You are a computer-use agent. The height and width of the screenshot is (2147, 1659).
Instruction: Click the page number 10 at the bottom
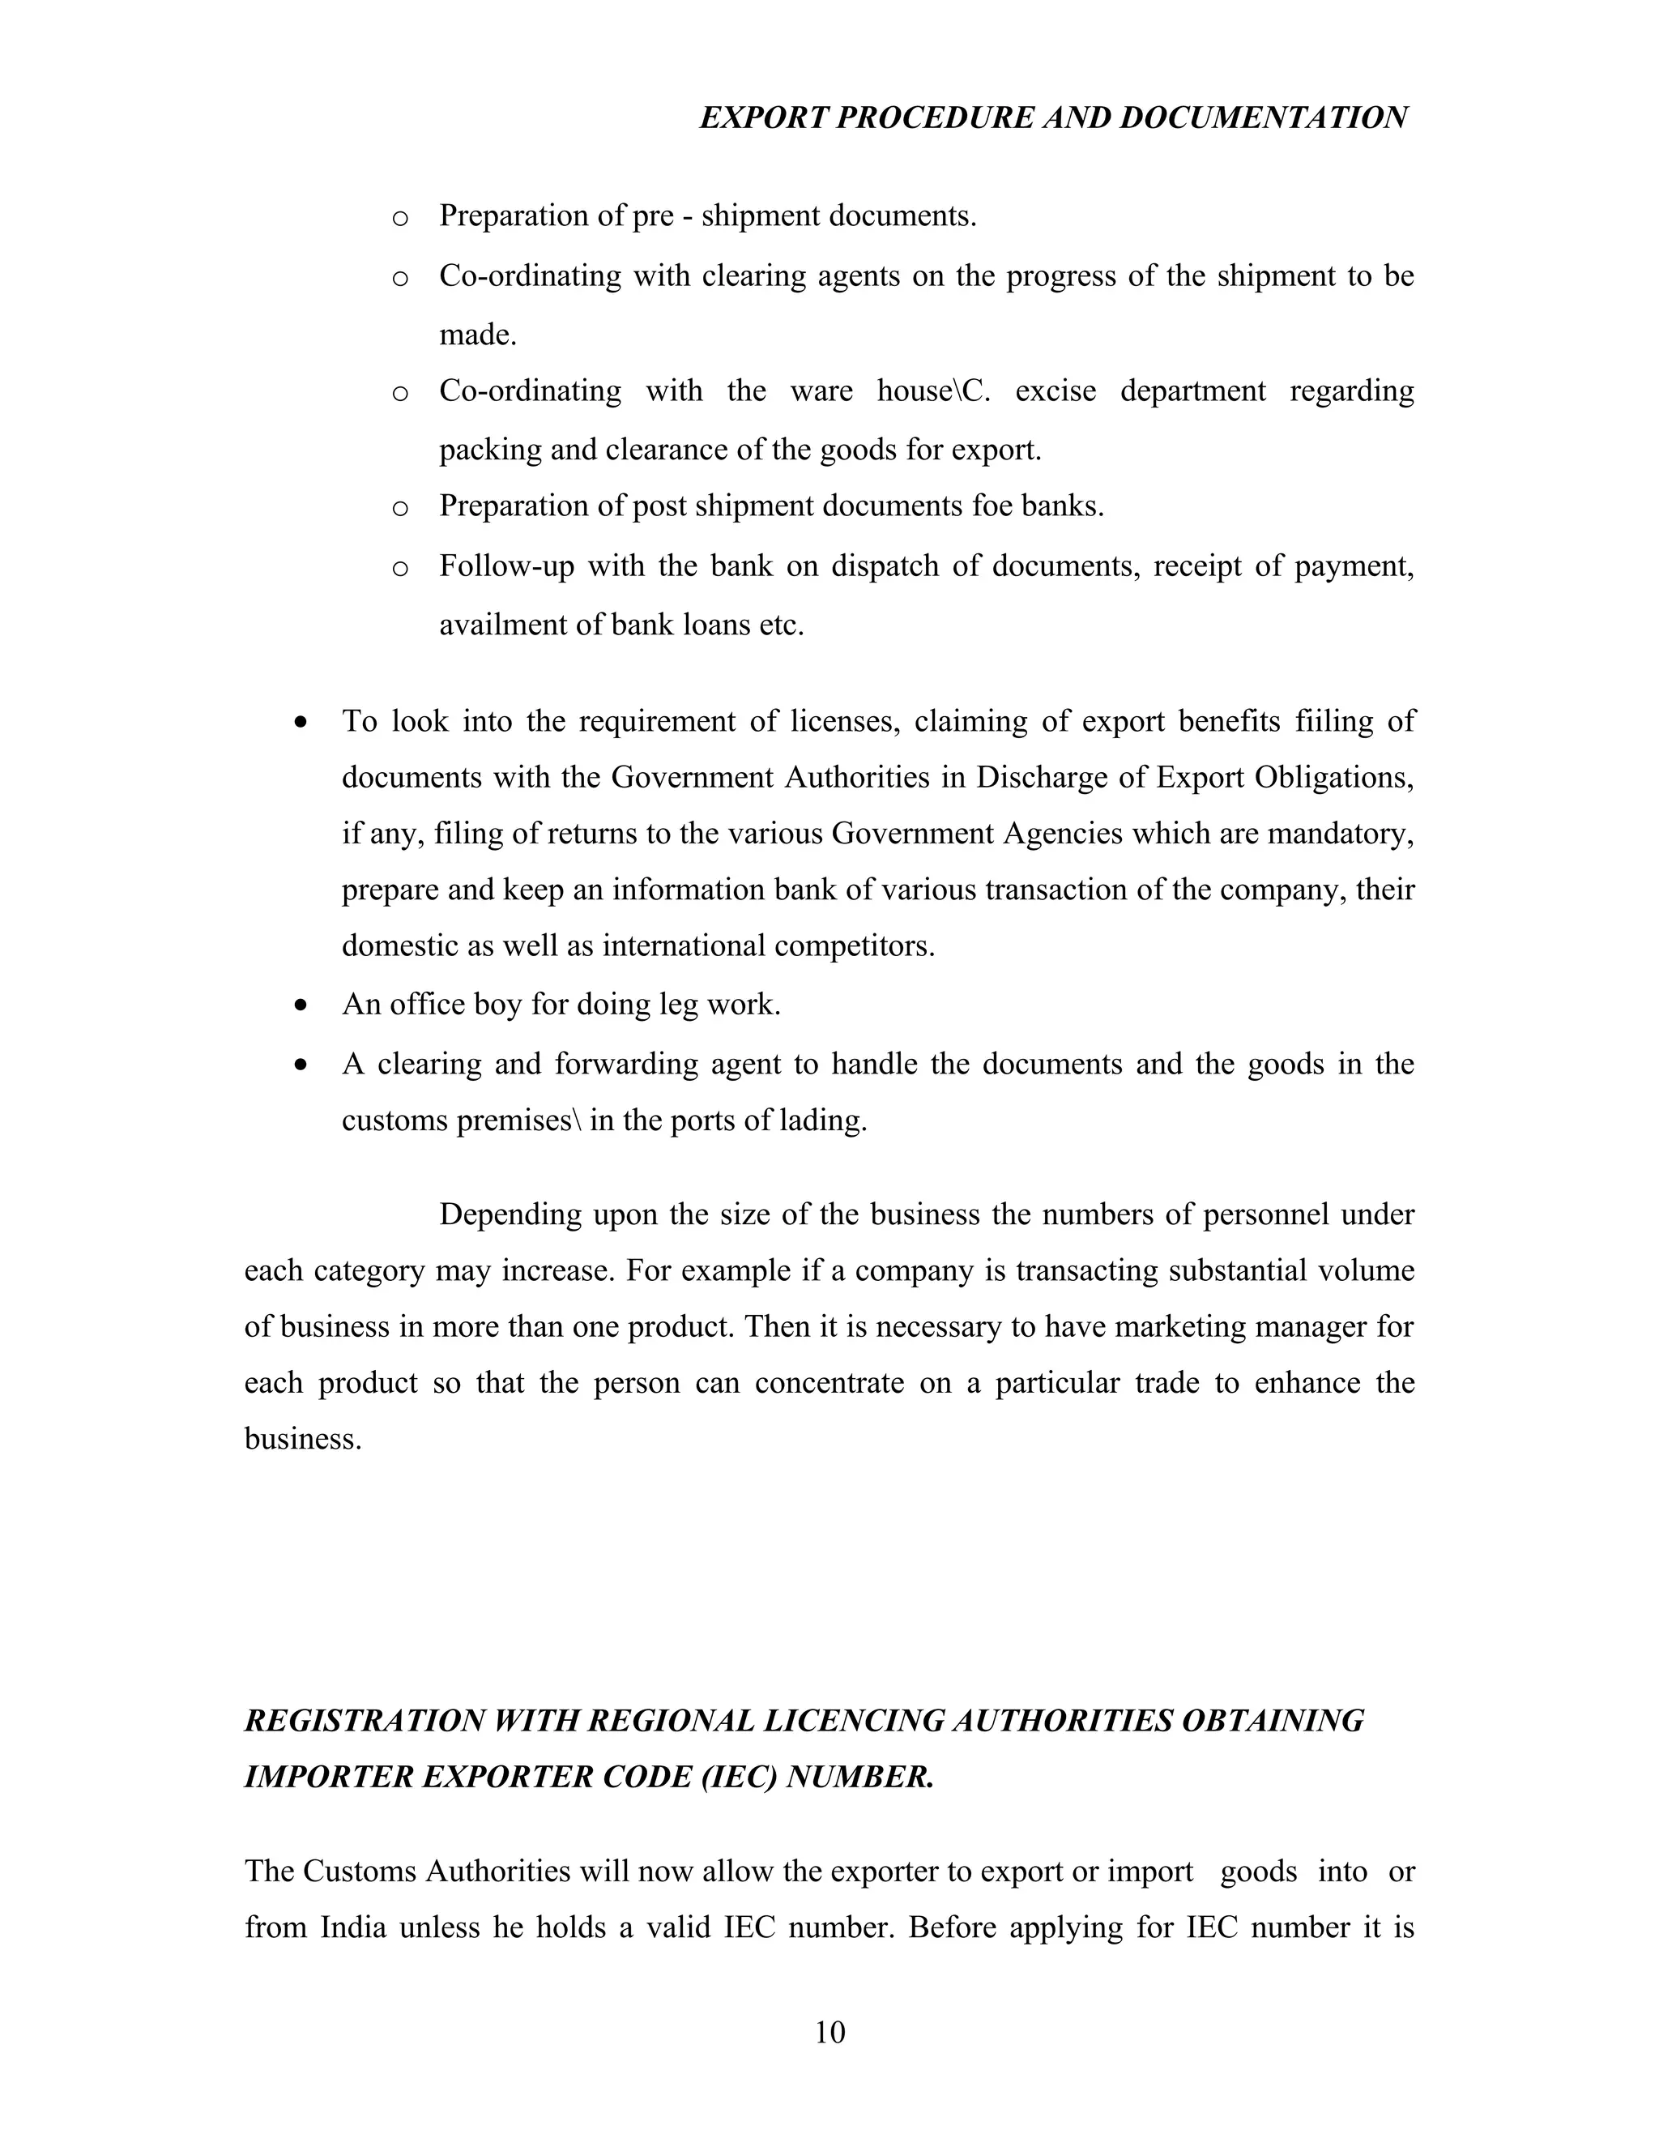pyautogui.click(x=829, y=2032)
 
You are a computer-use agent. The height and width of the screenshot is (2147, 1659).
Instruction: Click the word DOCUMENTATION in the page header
pyautogui.click(x=1263, y=118)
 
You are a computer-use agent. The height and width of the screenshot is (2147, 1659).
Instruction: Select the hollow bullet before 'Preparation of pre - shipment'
pyautogui.click(x=399, y=218)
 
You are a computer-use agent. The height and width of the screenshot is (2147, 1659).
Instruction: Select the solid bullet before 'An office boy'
pyautogui.click(x=301, y=1005)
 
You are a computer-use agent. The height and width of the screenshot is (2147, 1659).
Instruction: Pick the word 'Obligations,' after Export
pyautogui.click(x=1350, y=777)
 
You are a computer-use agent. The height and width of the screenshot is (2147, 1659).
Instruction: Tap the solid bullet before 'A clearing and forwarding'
pyautogui.click(x=301, y=1065)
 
